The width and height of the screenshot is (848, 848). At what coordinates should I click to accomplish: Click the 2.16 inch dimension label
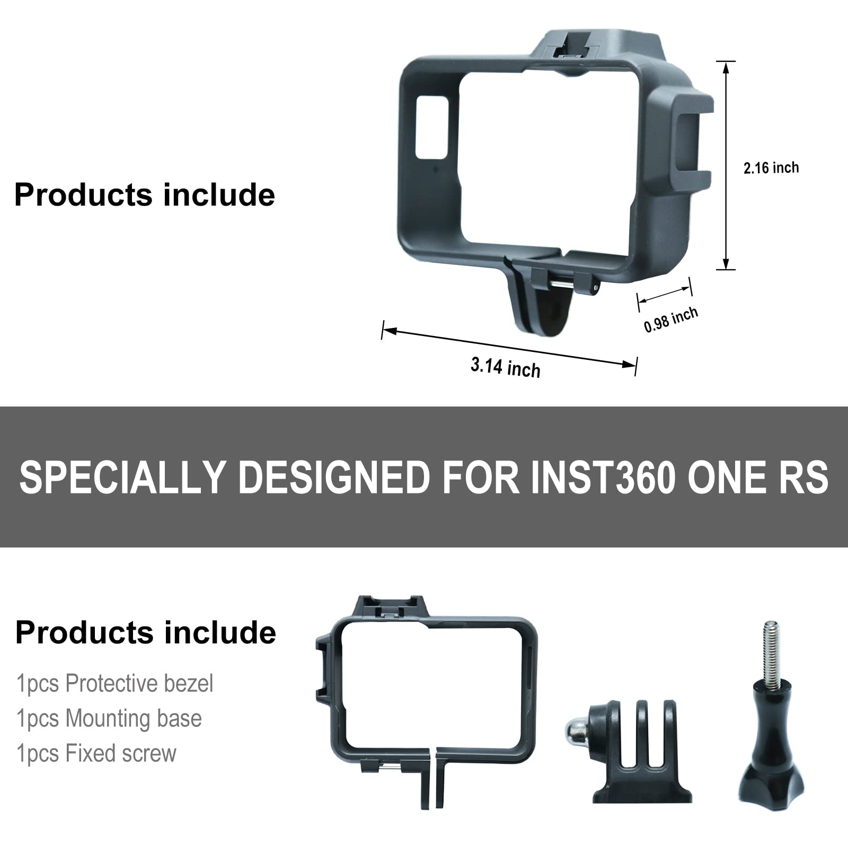pyautogui.click(x=771, y=168)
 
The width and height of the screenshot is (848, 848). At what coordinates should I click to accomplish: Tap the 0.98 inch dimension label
pyautogui.click(x=670, y=320)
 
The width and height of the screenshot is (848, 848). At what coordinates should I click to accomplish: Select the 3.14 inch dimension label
pyautogui.click(x=506, y=367)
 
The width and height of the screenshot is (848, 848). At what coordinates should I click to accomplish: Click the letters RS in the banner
pyautogui.click(x=803, y=476)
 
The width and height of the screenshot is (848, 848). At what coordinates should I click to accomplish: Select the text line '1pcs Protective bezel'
pyautogui.click(x=114, y=683)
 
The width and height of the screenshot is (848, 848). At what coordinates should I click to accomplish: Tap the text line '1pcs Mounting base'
pyautogui.click(x=109, y=718)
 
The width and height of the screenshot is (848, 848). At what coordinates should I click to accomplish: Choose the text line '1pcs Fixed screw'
pyautogui.click(x=96, y=753)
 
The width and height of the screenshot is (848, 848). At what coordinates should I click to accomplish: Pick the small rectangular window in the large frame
pyautogui.click(x=431, y=127)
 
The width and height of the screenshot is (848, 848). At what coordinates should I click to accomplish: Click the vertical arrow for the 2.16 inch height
pyautogui.click(x=726, y=165)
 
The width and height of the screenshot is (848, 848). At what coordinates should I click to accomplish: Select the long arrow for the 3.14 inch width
pyautogui.click(x=509, y=348)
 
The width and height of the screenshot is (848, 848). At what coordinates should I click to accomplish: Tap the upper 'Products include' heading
pyautogui.click(x=145, y=195)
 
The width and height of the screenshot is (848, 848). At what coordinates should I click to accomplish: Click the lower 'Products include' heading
pyautogui.click(x=146, y=632)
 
